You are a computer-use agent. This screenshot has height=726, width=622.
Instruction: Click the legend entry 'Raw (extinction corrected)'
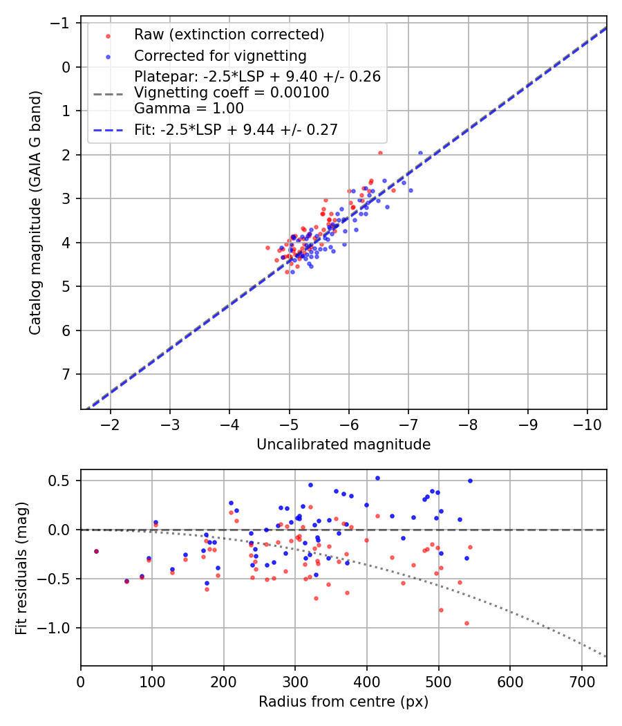tap(229, 35)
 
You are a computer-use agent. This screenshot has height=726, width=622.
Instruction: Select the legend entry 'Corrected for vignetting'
tap(220, 55)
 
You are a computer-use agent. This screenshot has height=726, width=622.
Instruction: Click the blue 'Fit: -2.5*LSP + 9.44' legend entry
tap(236, 129)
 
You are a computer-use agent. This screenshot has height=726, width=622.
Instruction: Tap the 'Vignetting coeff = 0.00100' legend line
tap(232, 92)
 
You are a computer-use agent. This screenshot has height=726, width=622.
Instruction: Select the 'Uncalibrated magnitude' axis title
tap(343, 445)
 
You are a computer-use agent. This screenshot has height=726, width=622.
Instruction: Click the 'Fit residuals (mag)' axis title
tap(21, 568)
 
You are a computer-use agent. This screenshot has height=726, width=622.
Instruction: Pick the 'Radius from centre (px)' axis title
tap(343, 702)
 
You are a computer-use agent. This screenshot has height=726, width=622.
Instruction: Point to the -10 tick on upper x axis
tap(587, 422)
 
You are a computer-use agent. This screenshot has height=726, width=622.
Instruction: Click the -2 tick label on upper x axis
tap(111, 422)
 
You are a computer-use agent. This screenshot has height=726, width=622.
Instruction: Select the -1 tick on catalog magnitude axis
tap(63, 24)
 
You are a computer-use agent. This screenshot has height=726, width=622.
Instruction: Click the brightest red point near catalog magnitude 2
tap(379, 153)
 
